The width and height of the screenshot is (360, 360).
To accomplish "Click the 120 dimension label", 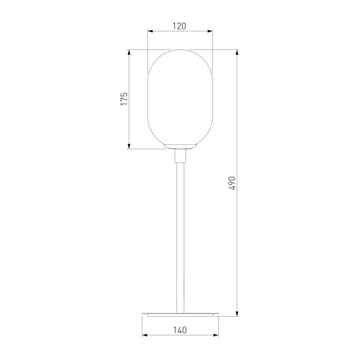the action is (x=179, y=26).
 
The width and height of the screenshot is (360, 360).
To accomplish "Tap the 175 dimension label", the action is (x=124, y=99).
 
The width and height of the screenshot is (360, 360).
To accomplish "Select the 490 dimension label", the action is (x=232, y=183).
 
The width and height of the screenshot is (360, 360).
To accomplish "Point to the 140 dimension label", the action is (x=180, y=330).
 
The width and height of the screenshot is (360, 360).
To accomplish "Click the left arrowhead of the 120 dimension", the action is (x=150, y=31).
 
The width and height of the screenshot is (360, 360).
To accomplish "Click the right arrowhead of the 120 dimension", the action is (x=210, y=31).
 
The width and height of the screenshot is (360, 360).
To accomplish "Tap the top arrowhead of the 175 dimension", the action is (x=129, y=52).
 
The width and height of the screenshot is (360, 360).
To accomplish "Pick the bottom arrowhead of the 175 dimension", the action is (x=129, y=146).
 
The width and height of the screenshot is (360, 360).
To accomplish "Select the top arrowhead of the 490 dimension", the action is (x=237, y=52).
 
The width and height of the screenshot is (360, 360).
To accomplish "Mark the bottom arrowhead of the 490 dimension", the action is (x=237, y=314).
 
